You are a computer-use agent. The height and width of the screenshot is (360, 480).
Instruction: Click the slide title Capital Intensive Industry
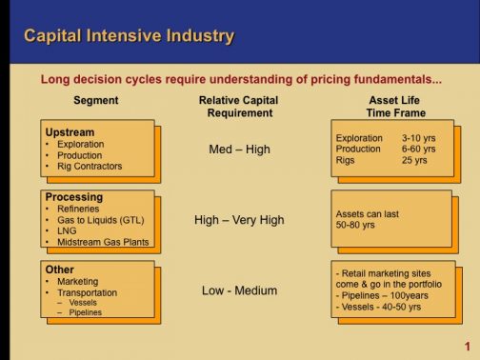pyautogui.click(x=128, y=37)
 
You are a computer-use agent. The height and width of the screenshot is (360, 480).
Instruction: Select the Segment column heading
pyautogui.click(x=96, y=100)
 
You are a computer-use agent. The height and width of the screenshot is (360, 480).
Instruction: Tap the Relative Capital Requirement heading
pyautogui.click(x=238, y=107)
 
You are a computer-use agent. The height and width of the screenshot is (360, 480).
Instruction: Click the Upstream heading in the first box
pyautogui.click(x=70, y=131)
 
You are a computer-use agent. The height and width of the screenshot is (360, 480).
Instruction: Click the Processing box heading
pyautogui.click(x=74, y=197)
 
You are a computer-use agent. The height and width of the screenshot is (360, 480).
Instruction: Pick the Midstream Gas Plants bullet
pyautogui.click(x=102, y=243)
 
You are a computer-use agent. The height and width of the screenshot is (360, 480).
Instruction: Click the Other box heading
pyautogui.click(x=60, y=270)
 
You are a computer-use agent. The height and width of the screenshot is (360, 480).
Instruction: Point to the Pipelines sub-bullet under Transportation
pyautogui.click(x=85, y=312)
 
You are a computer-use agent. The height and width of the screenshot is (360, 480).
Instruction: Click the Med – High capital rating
pyautogui.click(x=238, y=150)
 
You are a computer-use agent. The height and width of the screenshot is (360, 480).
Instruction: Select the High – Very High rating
pyautogui.click(x=239, y=220)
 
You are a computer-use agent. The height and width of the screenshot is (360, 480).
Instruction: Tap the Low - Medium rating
pyautogui.click(x=239, y=290)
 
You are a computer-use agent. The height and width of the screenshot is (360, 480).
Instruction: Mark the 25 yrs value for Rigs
pyautogui.click(x=414, y=161)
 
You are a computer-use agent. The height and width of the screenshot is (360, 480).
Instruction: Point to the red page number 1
pyautogui.click(x=468, y=347)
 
